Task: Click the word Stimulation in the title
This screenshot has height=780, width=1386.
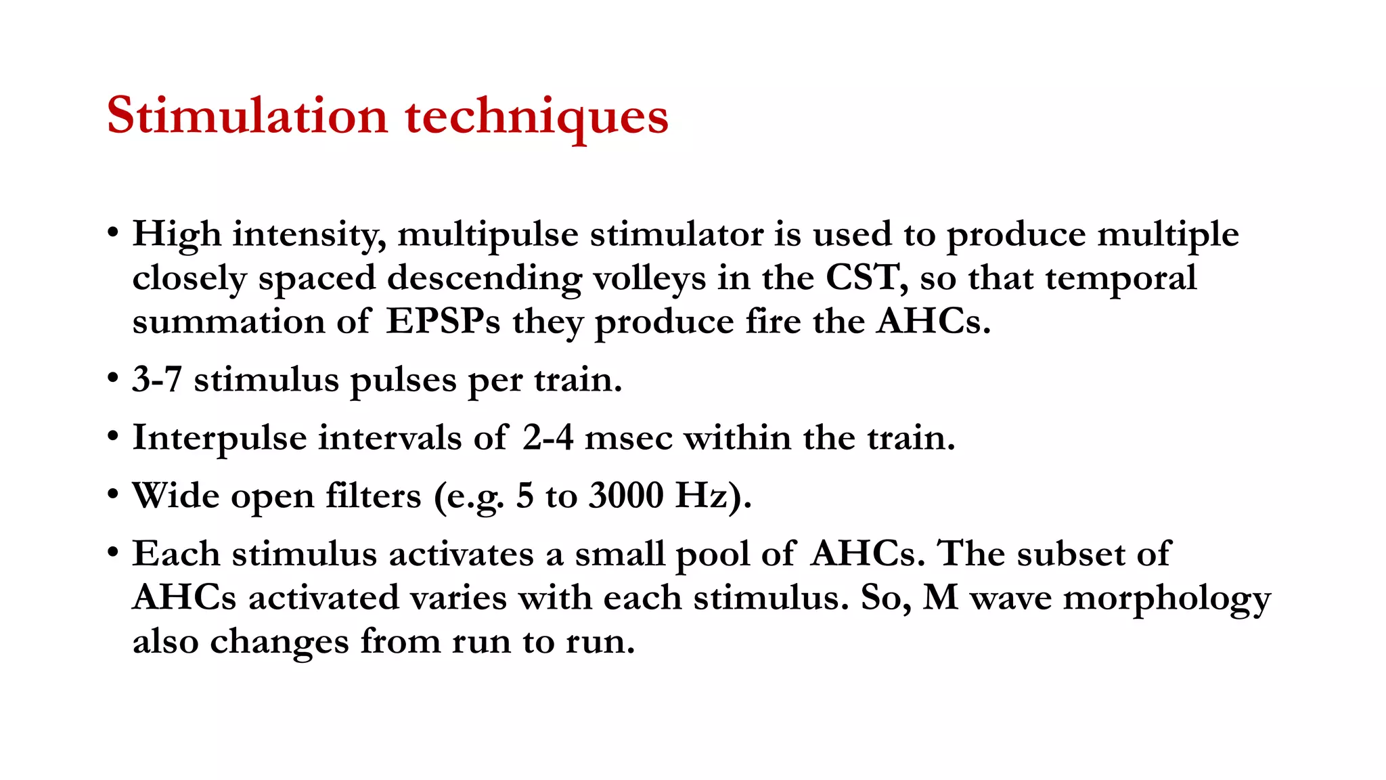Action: pos(247,116)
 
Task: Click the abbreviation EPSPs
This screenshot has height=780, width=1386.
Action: pos(443,322)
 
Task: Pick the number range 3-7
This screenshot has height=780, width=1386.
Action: pos(157,379)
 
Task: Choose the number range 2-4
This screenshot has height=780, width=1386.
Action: pos(547,437)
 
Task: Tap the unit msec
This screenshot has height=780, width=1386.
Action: pos(628,437)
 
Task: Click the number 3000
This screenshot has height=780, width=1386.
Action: pos(626,496)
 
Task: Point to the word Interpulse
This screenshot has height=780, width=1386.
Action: pos(219,438)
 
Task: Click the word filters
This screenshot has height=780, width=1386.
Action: pos(373,496)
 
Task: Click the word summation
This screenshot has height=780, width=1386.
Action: pos(228,322)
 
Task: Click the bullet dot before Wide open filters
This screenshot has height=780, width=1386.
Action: pos(113,495)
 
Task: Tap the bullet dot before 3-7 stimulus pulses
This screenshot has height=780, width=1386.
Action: pos(113,378)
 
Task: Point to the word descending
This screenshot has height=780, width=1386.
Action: pos(484,278)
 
